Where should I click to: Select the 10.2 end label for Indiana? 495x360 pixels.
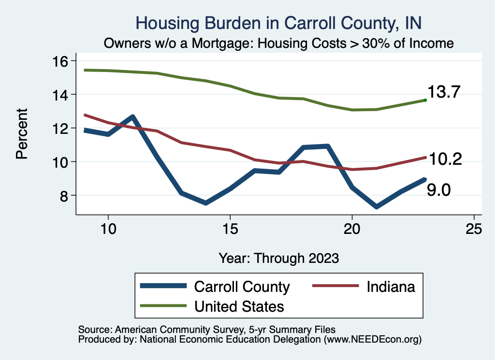point(445,159)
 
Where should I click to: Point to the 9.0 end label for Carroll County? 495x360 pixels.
point(439,190)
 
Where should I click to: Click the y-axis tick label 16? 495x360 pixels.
point(61,61)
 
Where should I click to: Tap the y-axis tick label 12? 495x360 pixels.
point(61,128)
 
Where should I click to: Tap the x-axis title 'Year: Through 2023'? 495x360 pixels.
point(279,258)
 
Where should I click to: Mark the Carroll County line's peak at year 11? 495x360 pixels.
point(132,117)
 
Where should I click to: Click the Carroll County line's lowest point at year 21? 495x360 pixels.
point(376,207)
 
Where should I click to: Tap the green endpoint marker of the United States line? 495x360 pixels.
point(425,100)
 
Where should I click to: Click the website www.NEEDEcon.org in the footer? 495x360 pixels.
point(372,340)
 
